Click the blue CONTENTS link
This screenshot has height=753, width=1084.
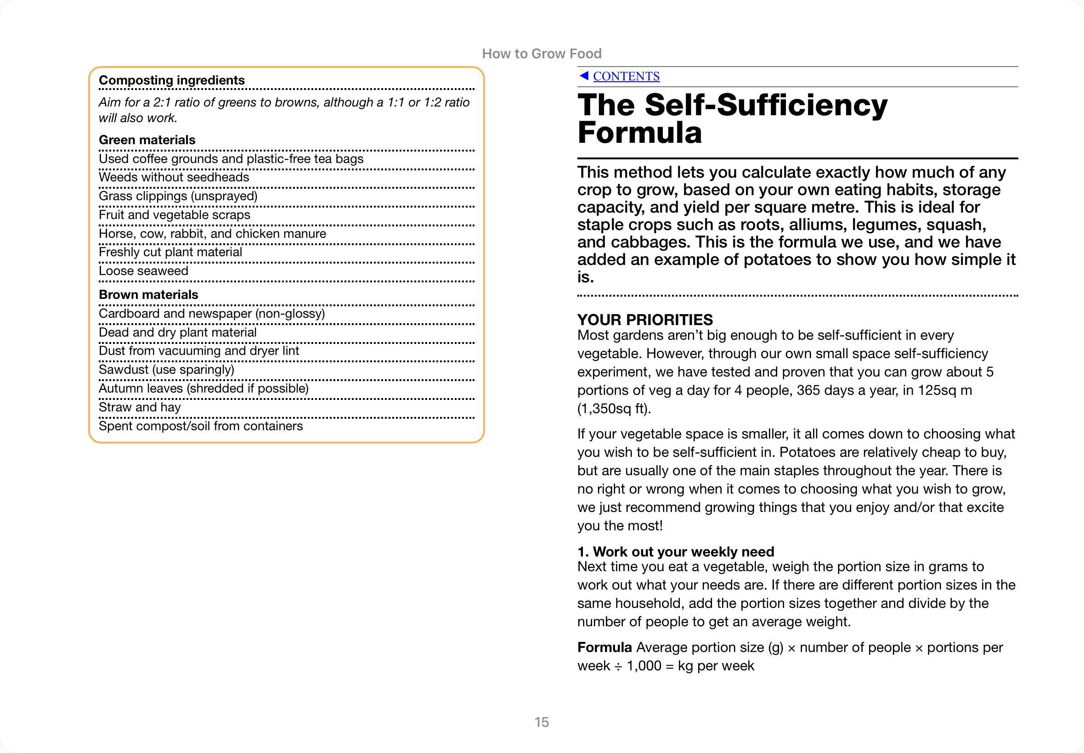626,76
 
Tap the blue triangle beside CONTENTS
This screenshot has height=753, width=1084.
584,75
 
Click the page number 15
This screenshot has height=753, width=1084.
542,722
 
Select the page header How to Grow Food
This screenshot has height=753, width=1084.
542,54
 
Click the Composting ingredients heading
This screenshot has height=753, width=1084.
172,80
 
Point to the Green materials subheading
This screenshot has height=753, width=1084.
147,140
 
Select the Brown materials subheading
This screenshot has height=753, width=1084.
148,295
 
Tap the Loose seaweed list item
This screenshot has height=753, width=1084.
143,271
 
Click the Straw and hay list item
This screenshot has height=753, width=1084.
140,407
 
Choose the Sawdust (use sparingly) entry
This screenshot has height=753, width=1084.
166,370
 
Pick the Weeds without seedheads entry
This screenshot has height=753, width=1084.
174,177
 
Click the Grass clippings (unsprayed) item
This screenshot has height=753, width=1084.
178,196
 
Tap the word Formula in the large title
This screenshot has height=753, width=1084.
639,133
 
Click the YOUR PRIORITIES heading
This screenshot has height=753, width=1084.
644,320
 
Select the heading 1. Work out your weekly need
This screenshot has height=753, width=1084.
675,551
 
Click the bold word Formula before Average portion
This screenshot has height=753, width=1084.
604,647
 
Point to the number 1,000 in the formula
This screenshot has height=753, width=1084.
644,666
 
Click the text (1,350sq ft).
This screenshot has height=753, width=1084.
614,409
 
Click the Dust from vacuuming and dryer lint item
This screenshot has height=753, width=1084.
199,351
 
